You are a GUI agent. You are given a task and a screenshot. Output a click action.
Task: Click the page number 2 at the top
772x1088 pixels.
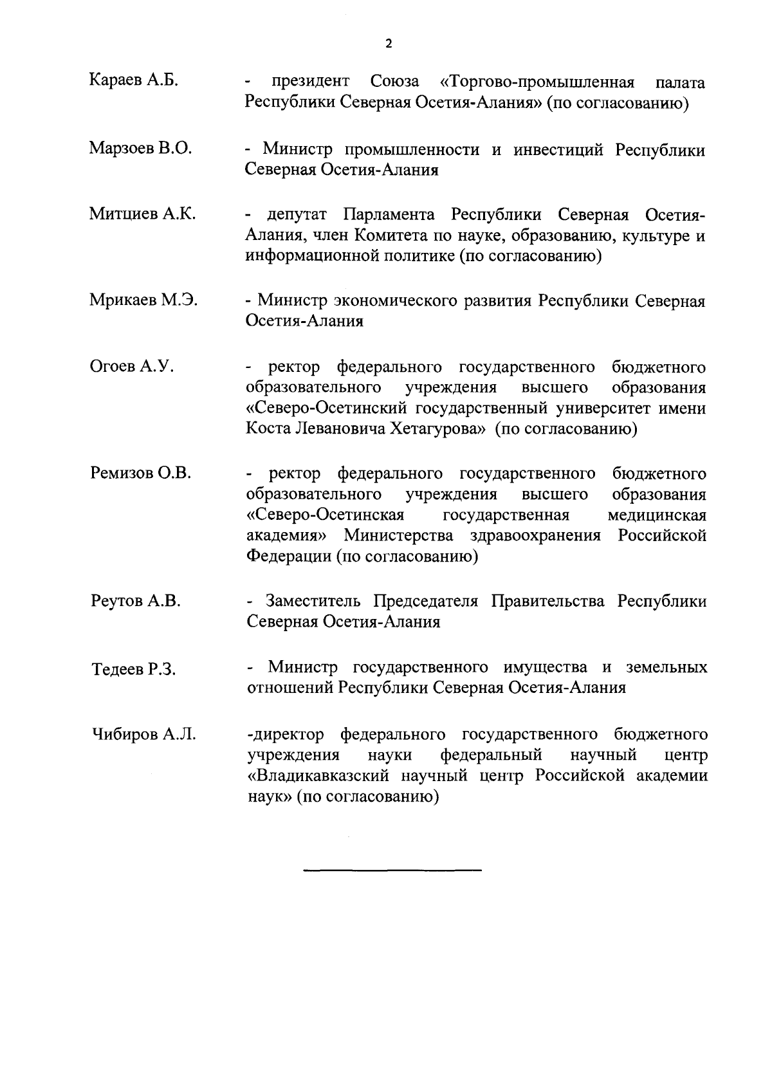(x=387, y=44)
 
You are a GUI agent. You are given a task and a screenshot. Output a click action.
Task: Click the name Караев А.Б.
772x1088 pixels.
(x=133, y=80)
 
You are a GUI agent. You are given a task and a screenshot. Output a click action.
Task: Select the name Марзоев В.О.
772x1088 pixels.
(x=140, y=148)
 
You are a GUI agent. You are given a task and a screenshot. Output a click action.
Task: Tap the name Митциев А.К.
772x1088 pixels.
(x=142, y=214)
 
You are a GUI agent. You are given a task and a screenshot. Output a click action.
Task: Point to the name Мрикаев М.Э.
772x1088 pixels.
(x=143, y=300)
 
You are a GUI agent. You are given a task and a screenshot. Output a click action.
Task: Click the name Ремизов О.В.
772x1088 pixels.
(x=140, y=474)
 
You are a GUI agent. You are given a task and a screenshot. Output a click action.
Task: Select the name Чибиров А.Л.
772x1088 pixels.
(x=142, y=734)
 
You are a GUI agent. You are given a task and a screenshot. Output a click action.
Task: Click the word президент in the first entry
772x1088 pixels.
(x=310, y=82)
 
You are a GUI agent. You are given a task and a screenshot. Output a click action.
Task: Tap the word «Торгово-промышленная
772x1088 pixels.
(x=537, y=82)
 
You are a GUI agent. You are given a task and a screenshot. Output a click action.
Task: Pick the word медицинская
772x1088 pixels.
(x=656, y=515)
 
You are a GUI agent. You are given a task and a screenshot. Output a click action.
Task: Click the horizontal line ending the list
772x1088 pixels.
(x=392, y=870)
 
